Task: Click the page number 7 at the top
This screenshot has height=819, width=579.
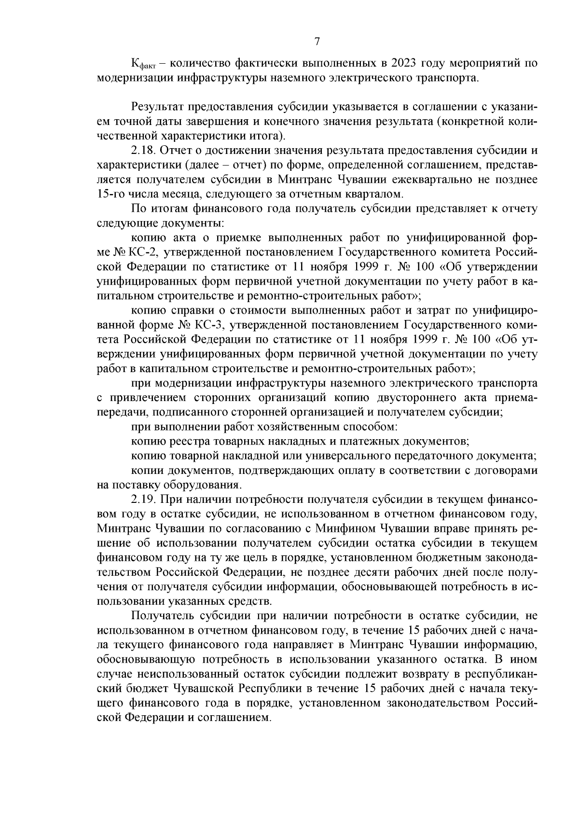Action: coord(317,42)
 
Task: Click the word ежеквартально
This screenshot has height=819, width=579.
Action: coord(428,180)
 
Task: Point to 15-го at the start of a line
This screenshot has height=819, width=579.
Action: coord(110,194)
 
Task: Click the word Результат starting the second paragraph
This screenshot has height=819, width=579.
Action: coord(156,106)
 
